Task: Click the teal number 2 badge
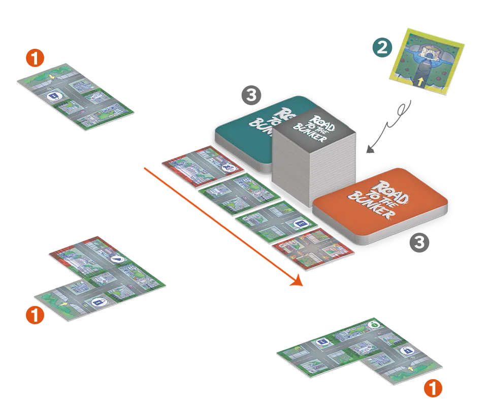click(x=382, y=47)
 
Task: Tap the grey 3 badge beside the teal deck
click(x=252, y=95)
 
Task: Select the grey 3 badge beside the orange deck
click(x=419, y=243)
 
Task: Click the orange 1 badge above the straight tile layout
click(x=35, y=59)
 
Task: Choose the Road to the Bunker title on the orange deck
click(x=380, y=199)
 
